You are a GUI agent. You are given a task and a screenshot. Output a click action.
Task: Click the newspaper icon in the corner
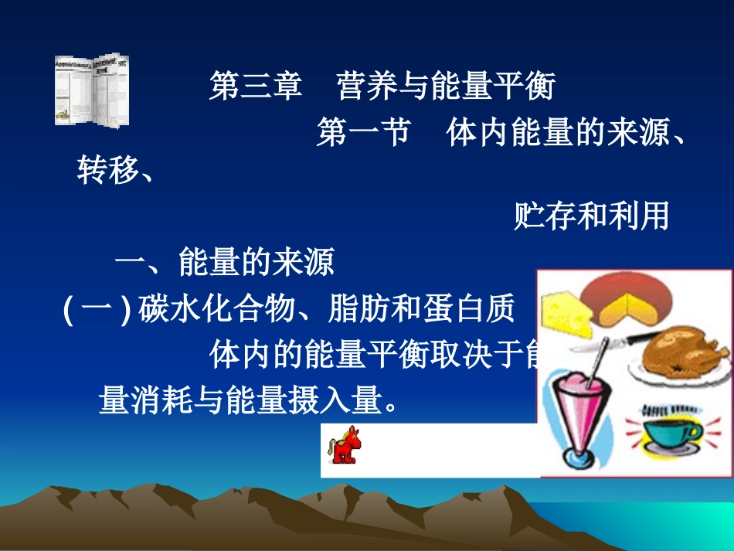91,90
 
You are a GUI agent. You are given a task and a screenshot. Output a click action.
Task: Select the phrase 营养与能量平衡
446,87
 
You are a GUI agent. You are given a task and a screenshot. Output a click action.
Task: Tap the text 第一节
362,134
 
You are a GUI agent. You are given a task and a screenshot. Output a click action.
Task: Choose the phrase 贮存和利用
591,216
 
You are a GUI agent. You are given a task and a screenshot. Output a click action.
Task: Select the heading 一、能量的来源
225,263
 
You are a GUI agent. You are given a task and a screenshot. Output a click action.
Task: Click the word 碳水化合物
218,310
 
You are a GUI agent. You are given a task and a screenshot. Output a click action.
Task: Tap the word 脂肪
352,310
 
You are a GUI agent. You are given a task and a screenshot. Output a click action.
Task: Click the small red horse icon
343,445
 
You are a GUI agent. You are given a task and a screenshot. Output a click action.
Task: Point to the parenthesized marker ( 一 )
97,311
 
